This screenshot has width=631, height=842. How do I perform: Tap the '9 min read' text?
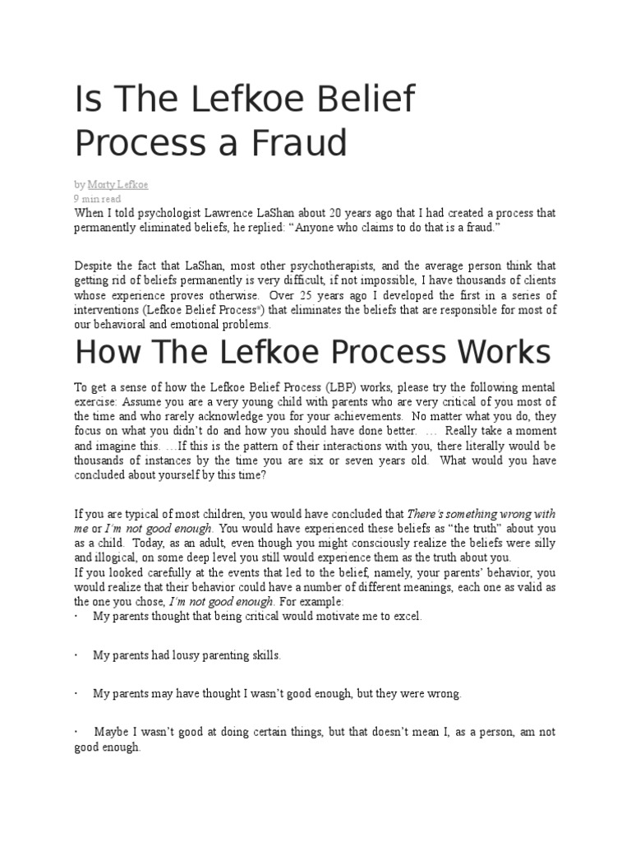(x=98, y=199)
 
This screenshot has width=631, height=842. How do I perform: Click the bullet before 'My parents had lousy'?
(x=76, y=655)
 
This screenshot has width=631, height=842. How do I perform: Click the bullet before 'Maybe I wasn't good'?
(x=76, y=732)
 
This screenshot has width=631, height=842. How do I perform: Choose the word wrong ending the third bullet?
(x=444, y=693)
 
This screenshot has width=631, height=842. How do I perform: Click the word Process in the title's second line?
(x=131, y=143)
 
